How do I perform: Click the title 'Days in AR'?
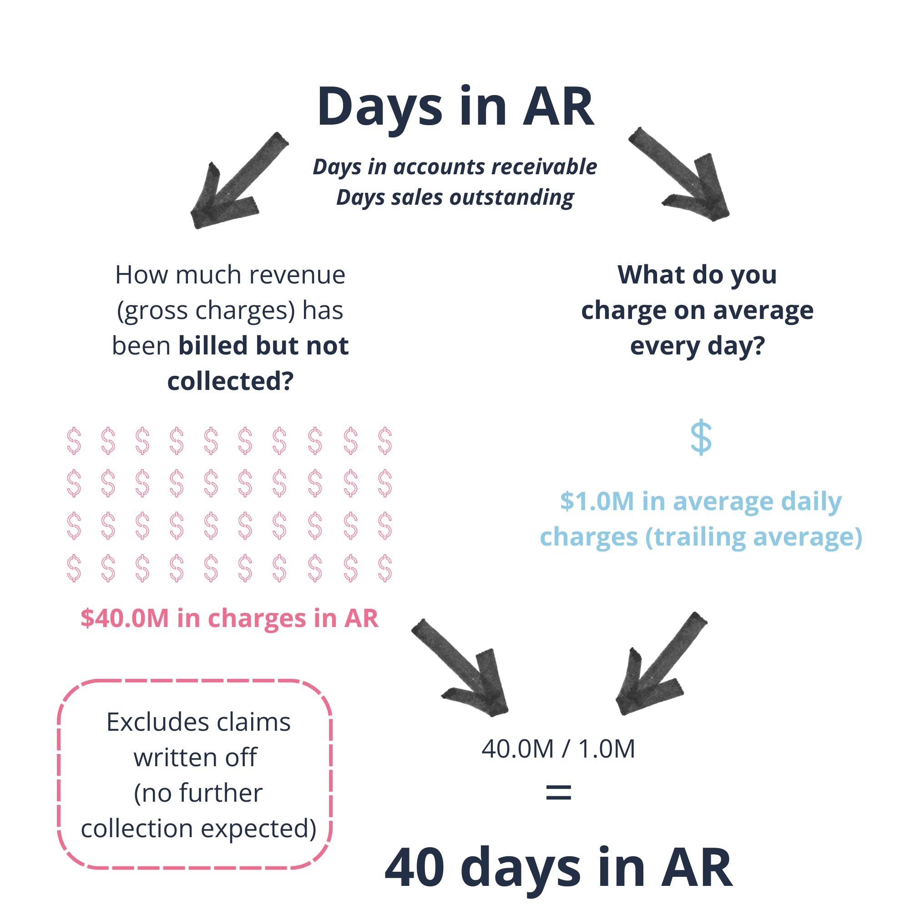point(455,107)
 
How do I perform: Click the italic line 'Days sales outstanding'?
point(455,197)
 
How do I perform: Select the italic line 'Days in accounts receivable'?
point(455,167)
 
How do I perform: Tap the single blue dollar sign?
point(701,437)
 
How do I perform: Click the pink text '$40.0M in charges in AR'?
point(229,618)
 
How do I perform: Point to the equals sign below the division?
point(558,792)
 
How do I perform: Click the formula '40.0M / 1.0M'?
point(558,748)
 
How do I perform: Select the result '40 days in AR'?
point(559,867)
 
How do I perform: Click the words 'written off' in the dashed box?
point(196,758)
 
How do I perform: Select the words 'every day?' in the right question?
point(698,346)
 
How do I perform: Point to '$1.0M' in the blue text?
point(597,501)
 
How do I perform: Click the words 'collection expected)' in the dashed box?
point(198,829)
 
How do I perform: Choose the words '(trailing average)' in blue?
point(753,537)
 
